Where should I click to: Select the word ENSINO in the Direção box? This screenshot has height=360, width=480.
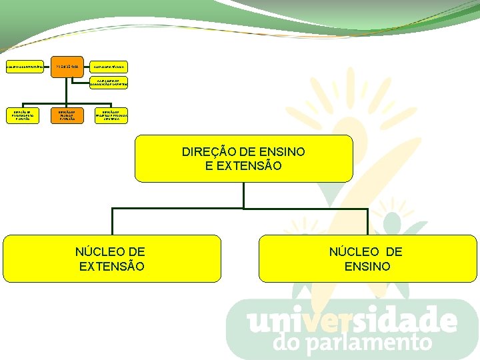283,152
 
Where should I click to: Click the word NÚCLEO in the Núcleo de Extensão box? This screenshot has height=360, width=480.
110,251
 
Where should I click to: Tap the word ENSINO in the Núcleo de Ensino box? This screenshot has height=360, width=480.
367,266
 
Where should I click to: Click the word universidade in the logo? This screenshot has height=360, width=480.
352,321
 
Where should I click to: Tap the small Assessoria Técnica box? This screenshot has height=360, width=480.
111,68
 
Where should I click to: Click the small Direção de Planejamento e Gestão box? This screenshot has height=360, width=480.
23,115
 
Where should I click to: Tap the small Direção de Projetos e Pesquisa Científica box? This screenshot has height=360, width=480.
111,115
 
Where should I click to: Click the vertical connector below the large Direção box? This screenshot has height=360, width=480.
244,195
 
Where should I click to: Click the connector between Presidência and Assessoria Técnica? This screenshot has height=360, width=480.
87,68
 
